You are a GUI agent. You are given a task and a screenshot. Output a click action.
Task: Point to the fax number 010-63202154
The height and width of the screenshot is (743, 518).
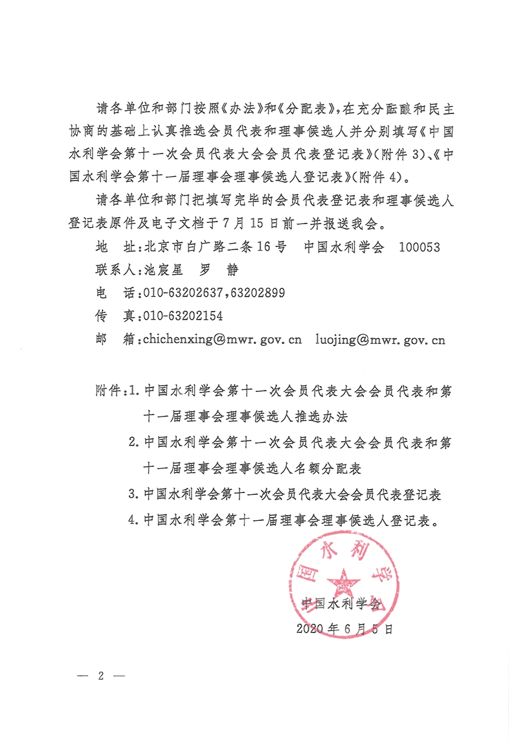[182, 315]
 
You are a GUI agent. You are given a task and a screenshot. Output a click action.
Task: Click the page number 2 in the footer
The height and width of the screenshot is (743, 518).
[100, 676]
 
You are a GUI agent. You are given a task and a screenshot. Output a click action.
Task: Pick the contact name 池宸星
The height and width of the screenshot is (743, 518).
[164, 270]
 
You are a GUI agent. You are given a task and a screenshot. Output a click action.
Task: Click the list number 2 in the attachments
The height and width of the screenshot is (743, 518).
[133, 443]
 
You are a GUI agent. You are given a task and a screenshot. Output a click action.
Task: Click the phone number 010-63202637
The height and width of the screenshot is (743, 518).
[182, 293]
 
